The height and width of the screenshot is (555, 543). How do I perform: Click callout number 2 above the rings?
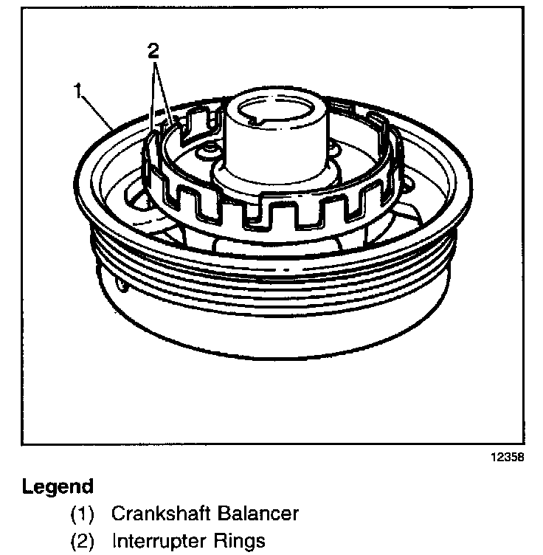pos(153,51)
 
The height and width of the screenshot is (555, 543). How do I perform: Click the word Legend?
pos(58,487)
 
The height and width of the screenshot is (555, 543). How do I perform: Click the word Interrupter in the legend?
pos(160,541)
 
